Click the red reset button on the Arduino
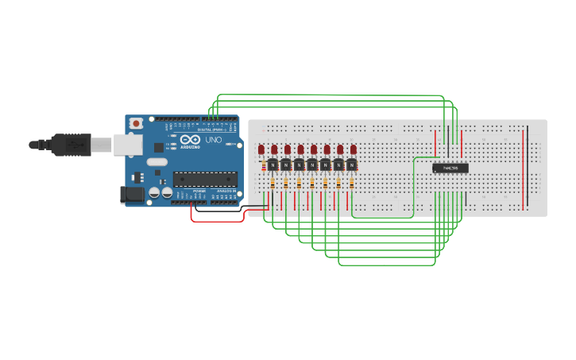tap(137, 123)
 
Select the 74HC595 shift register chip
tap(450, 168)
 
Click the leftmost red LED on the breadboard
tap(261, 149)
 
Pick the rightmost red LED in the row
tap(353, 149)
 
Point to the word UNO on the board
tap(214, 140)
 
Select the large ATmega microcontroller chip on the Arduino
tap(205, 179)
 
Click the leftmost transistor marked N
tap(272, 165)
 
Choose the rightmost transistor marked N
tap(351, 165)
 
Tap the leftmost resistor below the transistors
tap(273, 183)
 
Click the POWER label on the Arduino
tap(199, 192)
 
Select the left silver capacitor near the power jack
tap(155, 192)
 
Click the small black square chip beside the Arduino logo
tap(159, 147)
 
